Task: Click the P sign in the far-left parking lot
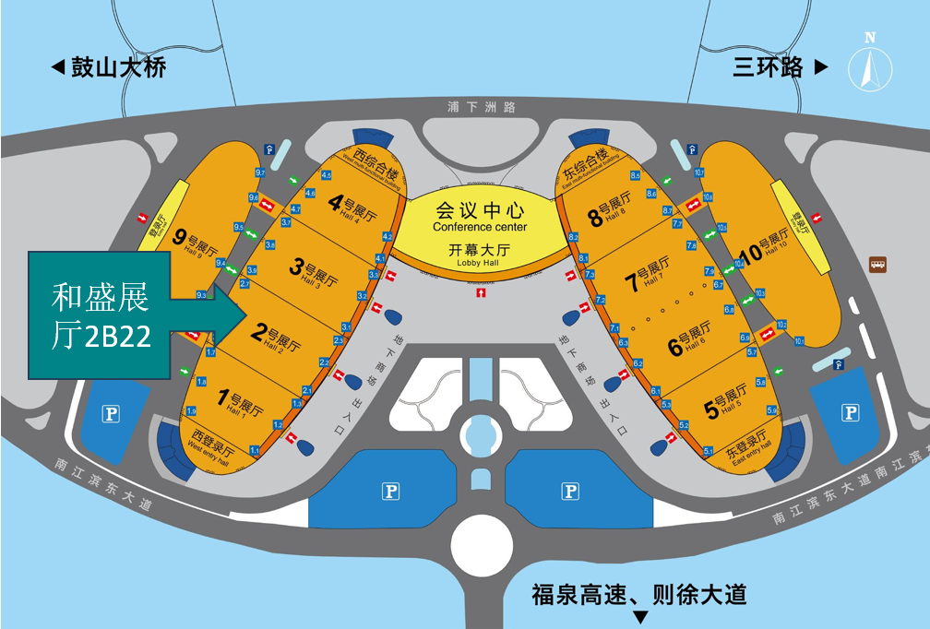tap(112, 414)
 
